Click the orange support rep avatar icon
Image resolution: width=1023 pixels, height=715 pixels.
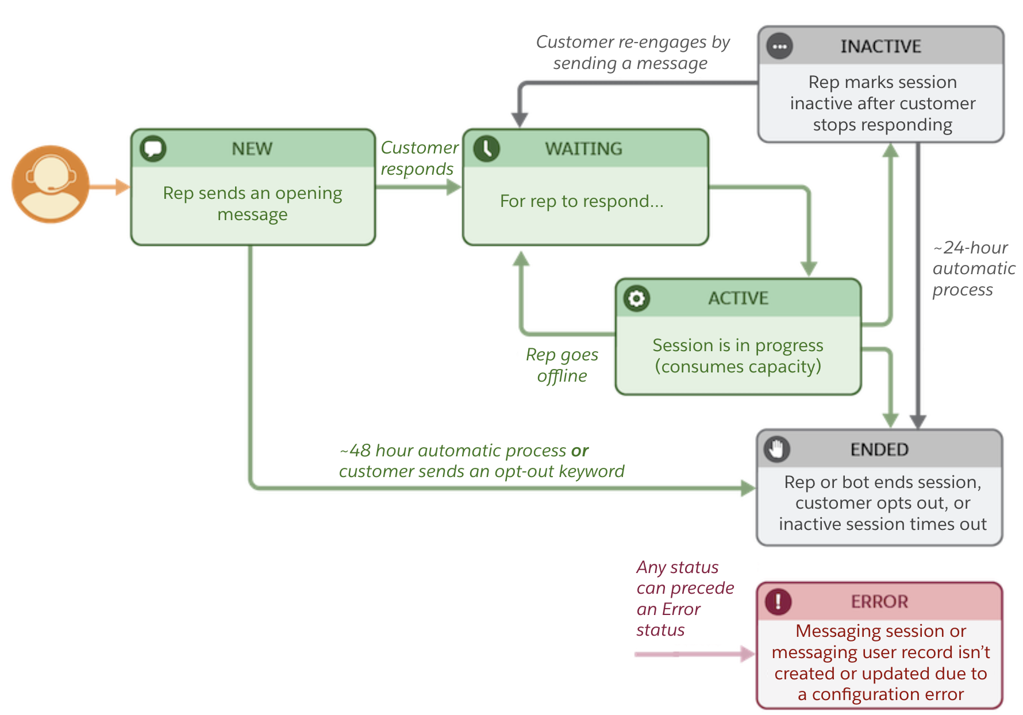tap(51, 184)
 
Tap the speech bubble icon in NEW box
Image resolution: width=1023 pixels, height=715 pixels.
tap(153, 148)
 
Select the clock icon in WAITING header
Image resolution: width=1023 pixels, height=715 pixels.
tap(486, 148)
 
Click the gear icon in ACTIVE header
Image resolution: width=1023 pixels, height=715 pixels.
tap(636, 298)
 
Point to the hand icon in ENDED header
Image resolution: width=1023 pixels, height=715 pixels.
tap(776, 449)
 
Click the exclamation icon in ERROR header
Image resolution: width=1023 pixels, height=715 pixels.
tap(778, 601)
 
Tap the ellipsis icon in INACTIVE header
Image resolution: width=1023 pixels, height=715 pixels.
tap(779, 47)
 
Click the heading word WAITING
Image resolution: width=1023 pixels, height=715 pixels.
tap(583, 149)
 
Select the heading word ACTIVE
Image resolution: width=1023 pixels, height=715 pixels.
tap(738, 298)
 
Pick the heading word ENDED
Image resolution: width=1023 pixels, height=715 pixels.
tap(879, 449)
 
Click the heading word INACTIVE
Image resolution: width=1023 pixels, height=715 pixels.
tap(880, 47)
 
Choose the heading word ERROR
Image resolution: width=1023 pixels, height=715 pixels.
tap(879, 602)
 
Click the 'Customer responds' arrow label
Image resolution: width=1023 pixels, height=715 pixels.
tap(419, 158)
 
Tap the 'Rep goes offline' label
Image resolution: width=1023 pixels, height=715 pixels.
tap(562, 365)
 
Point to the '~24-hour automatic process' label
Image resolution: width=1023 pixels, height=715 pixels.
tap(972, 268)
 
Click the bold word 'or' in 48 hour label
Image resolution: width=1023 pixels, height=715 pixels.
tap(579, 451)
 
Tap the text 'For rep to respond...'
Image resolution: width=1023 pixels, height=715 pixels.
tap(582, 201)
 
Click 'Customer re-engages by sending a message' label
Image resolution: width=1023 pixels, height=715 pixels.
tap(632, 52)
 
